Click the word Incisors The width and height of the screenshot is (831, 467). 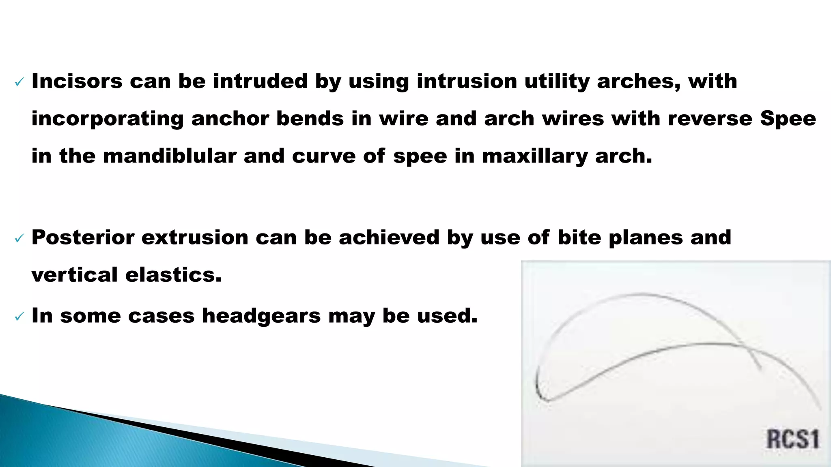pyautogui.click(x=77, y=81)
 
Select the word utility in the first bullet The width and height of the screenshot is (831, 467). pyautogui.click(x=557, y=81)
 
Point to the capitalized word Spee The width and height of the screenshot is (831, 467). pyautogui.click(x=788, y=119)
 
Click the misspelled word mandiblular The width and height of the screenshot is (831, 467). pyautogui.click(x=169, y=156)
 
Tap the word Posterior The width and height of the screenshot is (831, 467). pyautogui.click(x=83, y=237)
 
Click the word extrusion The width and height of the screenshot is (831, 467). pyautogui.click(x=195, y=237)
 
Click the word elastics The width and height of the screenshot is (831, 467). pyautogui.click(x=173, y=275)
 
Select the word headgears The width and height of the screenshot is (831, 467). pyautogui.click(x=261, y=315)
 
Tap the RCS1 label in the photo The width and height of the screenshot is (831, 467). pyautogui.click(x=792, y=439)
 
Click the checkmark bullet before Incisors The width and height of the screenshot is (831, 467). pyautogui.click(x=19, y=82)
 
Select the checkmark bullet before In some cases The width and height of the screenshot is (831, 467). pyautogui.click(x=19, y=317)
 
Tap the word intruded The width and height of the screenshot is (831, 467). pyautogui.click(x=260, y=81)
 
